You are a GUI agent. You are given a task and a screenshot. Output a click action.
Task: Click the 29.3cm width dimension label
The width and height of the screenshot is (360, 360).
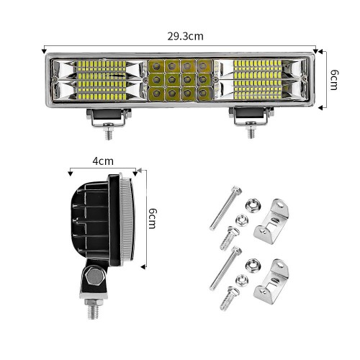coord(185,37)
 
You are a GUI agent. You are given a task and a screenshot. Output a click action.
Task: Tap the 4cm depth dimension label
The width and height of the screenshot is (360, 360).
coord(103,161)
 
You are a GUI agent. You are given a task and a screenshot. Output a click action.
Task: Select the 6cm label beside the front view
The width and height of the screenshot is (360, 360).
coord(334,80)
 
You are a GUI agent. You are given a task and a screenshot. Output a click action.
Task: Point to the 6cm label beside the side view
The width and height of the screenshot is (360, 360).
coord(153,218)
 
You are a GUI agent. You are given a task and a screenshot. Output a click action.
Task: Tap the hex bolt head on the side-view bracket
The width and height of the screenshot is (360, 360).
coord(94,276)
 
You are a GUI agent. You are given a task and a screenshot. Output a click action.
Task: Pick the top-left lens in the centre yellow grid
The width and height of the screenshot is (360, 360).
coord(156,66)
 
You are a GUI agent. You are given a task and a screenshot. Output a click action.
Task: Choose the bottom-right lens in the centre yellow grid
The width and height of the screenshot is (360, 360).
coord(204,93)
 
